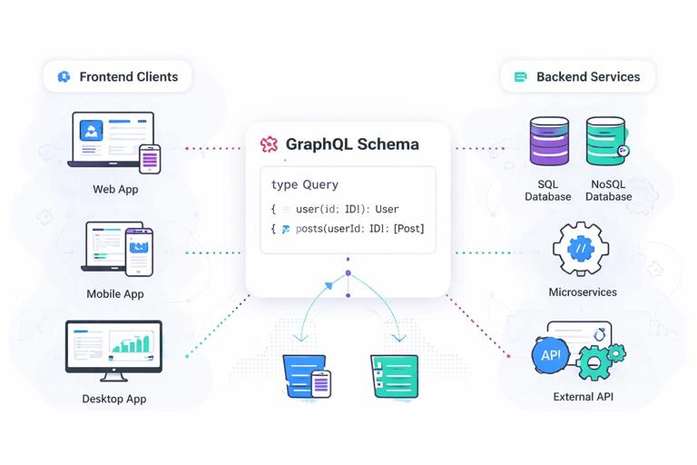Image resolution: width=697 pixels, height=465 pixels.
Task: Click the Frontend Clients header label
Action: [x=128, y=76]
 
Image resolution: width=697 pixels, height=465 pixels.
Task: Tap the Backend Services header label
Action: [x=588, y=76]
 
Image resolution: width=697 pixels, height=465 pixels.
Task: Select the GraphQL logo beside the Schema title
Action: [x=269, y=144]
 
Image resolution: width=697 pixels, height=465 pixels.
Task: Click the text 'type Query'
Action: [x=304, y=184]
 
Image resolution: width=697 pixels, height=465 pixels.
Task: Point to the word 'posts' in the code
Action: [x=312, y=229]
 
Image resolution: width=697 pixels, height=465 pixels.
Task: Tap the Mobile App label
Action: [x=115, y=294]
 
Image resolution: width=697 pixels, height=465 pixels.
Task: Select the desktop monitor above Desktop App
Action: [x=114, y=348]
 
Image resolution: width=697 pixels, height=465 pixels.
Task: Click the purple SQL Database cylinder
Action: [x=549, y=142]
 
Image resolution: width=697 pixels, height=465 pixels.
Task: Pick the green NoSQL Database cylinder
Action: [x=605, y=142]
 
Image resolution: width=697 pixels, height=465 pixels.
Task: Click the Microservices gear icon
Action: [x=582, y=249]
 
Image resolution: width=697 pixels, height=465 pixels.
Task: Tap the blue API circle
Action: [x=551, y=355]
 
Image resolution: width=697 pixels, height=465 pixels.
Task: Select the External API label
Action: [x=583, y=397]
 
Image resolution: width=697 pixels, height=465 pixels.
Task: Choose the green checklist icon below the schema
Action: [x=395, y=375]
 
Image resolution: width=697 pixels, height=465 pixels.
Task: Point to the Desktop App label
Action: [x=114, y=399]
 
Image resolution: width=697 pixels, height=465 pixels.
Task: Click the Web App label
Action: [x=115, y=190]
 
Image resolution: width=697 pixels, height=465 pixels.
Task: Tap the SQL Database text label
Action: [x=548, y=191]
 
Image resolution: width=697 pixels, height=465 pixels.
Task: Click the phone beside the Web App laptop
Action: [x=150, y=159]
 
